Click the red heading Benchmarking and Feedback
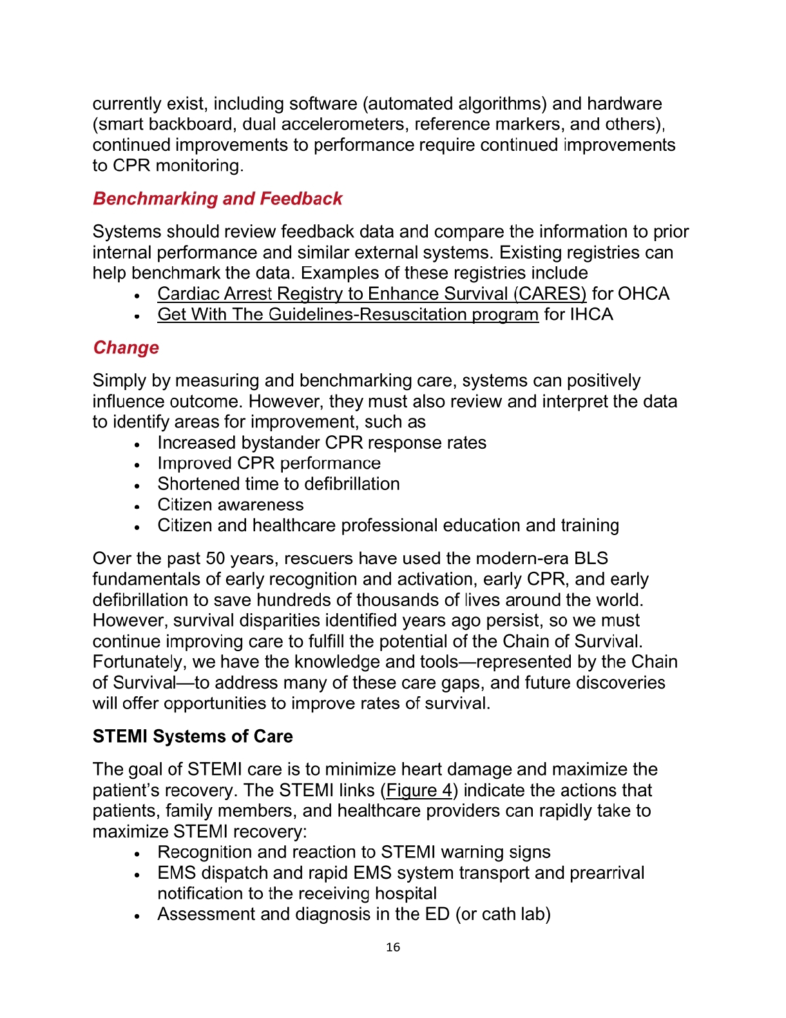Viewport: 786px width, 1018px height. point(217,199)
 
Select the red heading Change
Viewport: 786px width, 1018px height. point(126,347)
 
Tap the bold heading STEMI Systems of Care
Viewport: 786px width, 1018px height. point(193,736)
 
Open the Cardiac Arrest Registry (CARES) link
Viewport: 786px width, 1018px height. point(372,294)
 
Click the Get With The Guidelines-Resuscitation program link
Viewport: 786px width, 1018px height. point(348,315)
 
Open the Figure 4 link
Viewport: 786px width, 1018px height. point(419,790)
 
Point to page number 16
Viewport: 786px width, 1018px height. point(393,947)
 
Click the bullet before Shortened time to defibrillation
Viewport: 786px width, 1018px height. point(137,485)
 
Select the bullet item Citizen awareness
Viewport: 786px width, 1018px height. point(231,505)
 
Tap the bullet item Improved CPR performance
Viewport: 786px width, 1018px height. point(269,464)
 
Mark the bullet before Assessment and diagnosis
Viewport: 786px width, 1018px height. point(137,915)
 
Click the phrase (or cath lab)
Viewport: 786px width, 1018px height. point(503,914)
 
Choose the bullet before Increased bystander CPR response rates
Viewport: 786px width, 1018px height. point(137,444)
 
